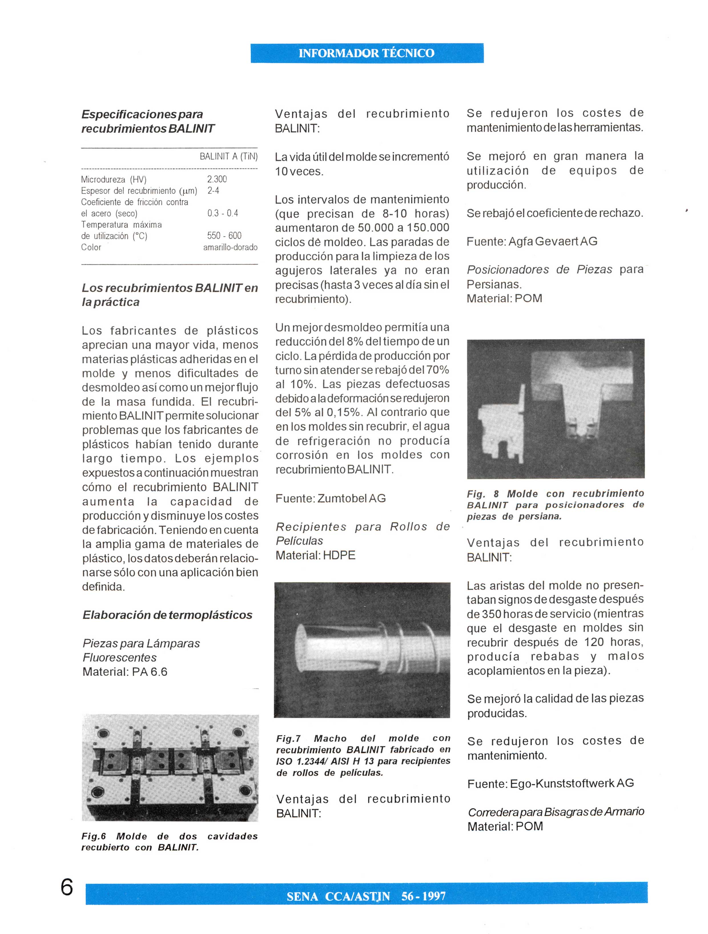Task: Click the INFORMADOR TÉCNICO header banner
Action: pyautogui.click(x=367, y=53)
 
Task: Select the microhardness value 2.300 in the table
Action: pyautogui.click(x=217, y=179)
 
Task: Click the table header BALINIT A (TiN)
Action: pyautogui.click(x=228, y=157)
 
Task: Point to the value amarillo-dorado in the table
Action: pyautogui.click(x=230, y=247)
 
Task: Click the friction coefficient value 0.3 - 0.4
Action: pyautogui.click(x=222, y=213)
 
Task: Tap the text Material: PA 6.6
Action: pyautogui.click(x=125, y=672)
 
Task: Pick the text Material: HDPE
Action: pyautogui.click(x=315, y=555)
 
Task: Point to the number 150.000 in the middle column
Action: pyautogui.click(x=427, y=228)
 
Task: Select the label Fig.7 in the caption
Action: pyautogui.click(x=288, y=739)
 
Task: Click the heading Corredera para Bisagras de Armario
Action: pyautogui.click(x=556, y=811)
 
